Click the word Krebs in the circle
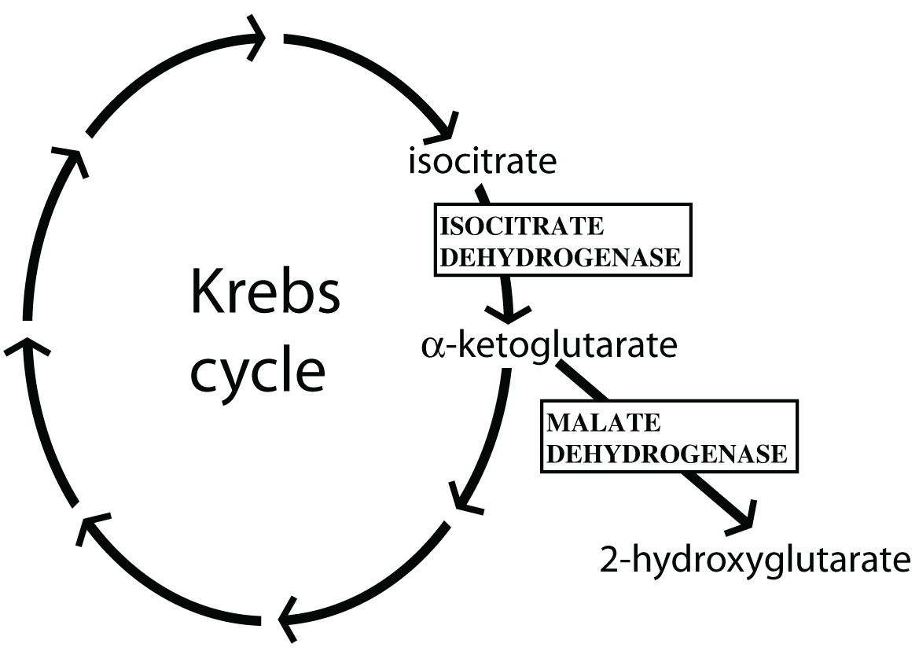coord(265,292)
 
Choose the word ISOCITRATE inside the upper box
coord(523,227)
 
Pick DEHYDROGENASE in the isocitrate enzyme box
coord(561,257)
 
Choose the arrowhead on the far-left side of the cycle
coord(26,348)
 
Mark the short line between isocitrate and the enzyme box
coord(482,193)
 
